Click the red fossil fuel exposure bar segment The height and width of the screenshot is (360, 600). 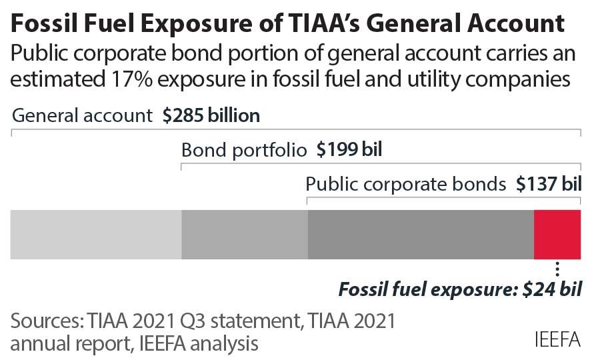(557, 234)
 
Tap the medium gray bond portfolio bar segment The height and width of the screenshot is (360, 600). (245, 234)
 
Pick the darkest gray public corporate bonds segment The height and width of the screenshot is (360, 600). (421, 234)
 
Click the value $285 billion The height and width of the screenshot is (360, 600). (211, 115)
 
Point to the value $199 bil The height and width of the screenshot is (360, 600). (349, 149)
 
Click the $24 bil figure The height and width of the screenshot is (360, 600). (554, 290)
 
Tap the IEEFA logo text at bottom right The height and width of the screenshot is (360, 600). (557, 339)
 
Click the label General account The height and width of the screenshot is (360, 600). (83, 115)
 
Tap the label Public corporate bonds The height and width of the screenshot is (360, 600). (406, 183)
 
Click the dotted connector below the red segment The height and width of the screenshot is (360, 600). (557, 269)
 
